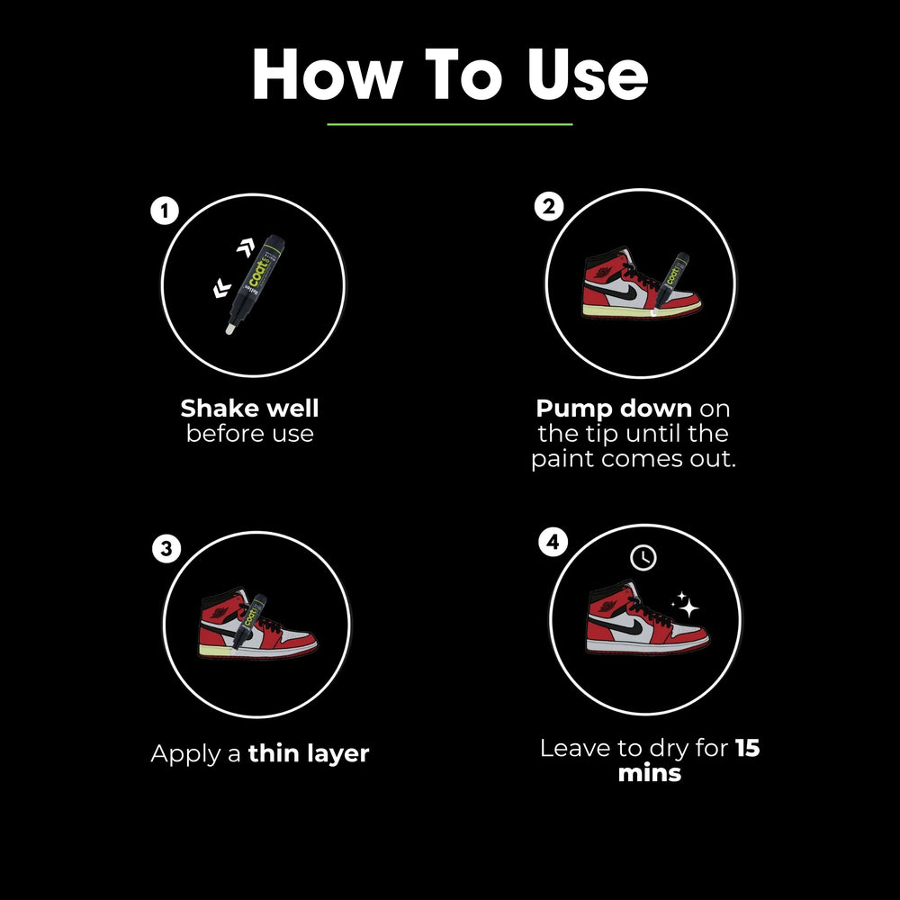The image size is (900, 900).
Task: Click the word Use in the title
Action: pyautogui.click(x=588, y=75)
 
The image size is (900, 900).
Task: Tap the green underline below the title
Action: pyautogui.click(x=449, y=124)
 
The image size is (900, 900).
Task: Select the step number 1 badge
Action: pyautogui.click(x=165, y=211)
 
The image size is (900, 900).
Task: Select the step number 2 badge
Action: pyautogui.click(x=549, y=207)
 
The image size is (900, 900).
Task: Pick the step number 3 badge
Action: pyautogui.click(x=166, y=548)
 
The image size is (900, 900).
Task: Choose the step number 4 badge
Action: pyautogui.click(x=553, y=542)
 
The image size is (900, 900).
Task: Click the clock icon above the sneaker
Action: pyautogui.click(x=643, y=557)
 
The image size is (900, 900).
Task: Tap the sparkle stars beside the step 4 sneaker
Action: pyautogui.click(x=685, y=605)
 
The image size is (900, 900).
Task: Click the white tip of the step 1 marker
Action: pyautogui.click(x=229, y=328)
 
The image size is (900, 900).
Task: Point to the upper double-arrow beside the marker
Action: pyautogui.click(x=246, y=247)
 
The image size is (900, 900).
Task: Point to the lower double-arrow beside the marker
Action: pyautogui.click(x=221, y=288)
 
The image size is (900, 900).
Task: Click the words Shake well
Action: pyautogui.click(x=249, y=409)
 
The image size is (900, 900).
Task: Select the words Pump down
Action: pyautogui.click(x=614, y=409)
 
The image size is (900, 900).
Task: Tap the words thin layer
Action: pyautogui.click(x=308, y=753)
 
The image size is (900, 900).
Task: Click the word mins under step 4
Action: pyautogui.click(x=649, y=773)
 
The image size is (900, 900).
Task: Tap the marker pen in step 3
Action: pyautogui.click(x=249, y=622)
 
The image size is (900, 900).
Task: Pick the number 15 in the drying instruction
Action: pyautogui.click(x=747, y=748)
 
